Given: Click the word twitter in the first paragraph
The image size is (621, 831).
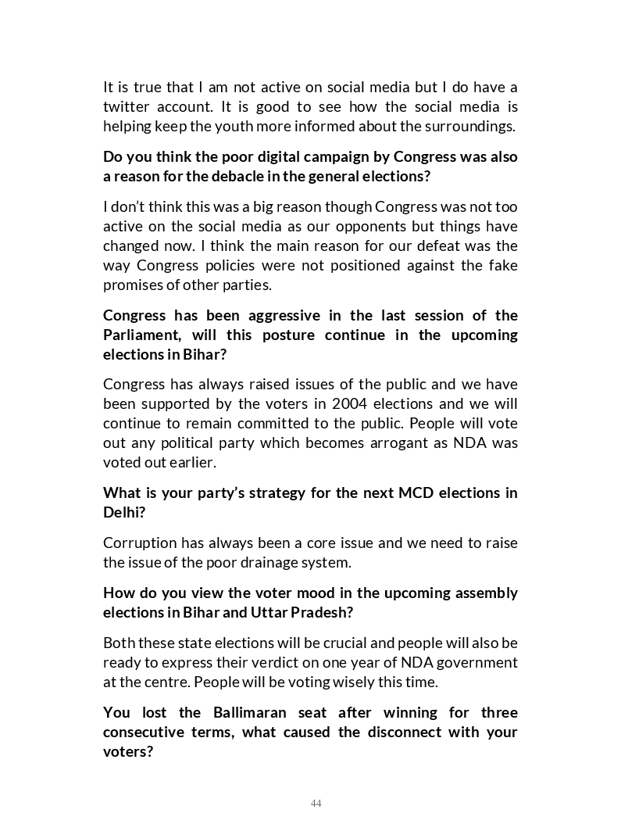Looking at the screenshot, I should [124, 106].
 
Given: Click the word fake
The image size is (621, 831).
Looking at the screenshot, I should [503, 265].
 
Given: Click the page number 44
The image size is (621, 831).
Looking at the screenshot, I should [316, 804].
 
